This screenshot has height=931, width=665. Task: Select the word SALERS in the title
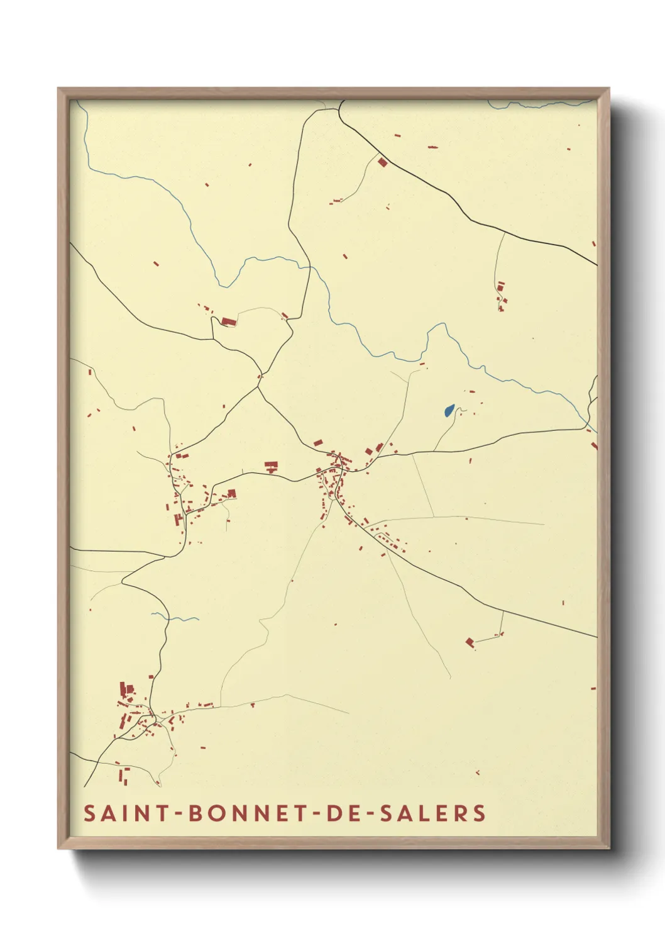click(x=433, y=813)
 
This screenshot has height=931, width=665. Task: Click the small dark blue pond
click(x=448, y=411)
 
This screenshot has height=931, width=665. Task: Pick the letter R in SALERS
click(x=462, y=813)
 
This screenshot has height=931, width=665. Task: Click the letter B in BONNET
click(x=195, y=813)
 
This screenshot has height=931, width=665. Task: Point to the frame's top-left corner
click(x=58, y=89)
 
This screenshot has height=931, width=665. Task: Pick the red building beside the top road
click(x=382, y=162)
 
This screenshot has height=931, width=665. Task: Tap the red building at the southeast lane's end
click(x=470, y=642)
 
